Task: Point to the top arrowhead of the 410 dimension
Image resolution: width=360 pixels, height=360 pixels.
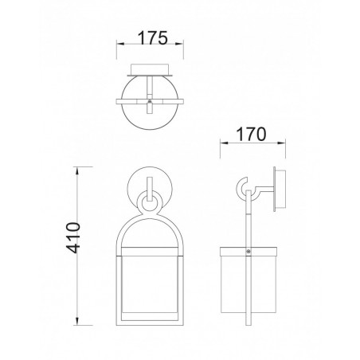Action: [x=78, y=169]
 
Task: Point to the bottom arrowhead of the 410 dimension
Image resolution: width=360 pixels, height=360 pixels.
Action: [x=78, y=325]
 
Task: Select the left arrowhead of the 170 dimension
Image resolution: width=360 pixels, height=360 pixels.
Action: [x=222, y=144]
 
